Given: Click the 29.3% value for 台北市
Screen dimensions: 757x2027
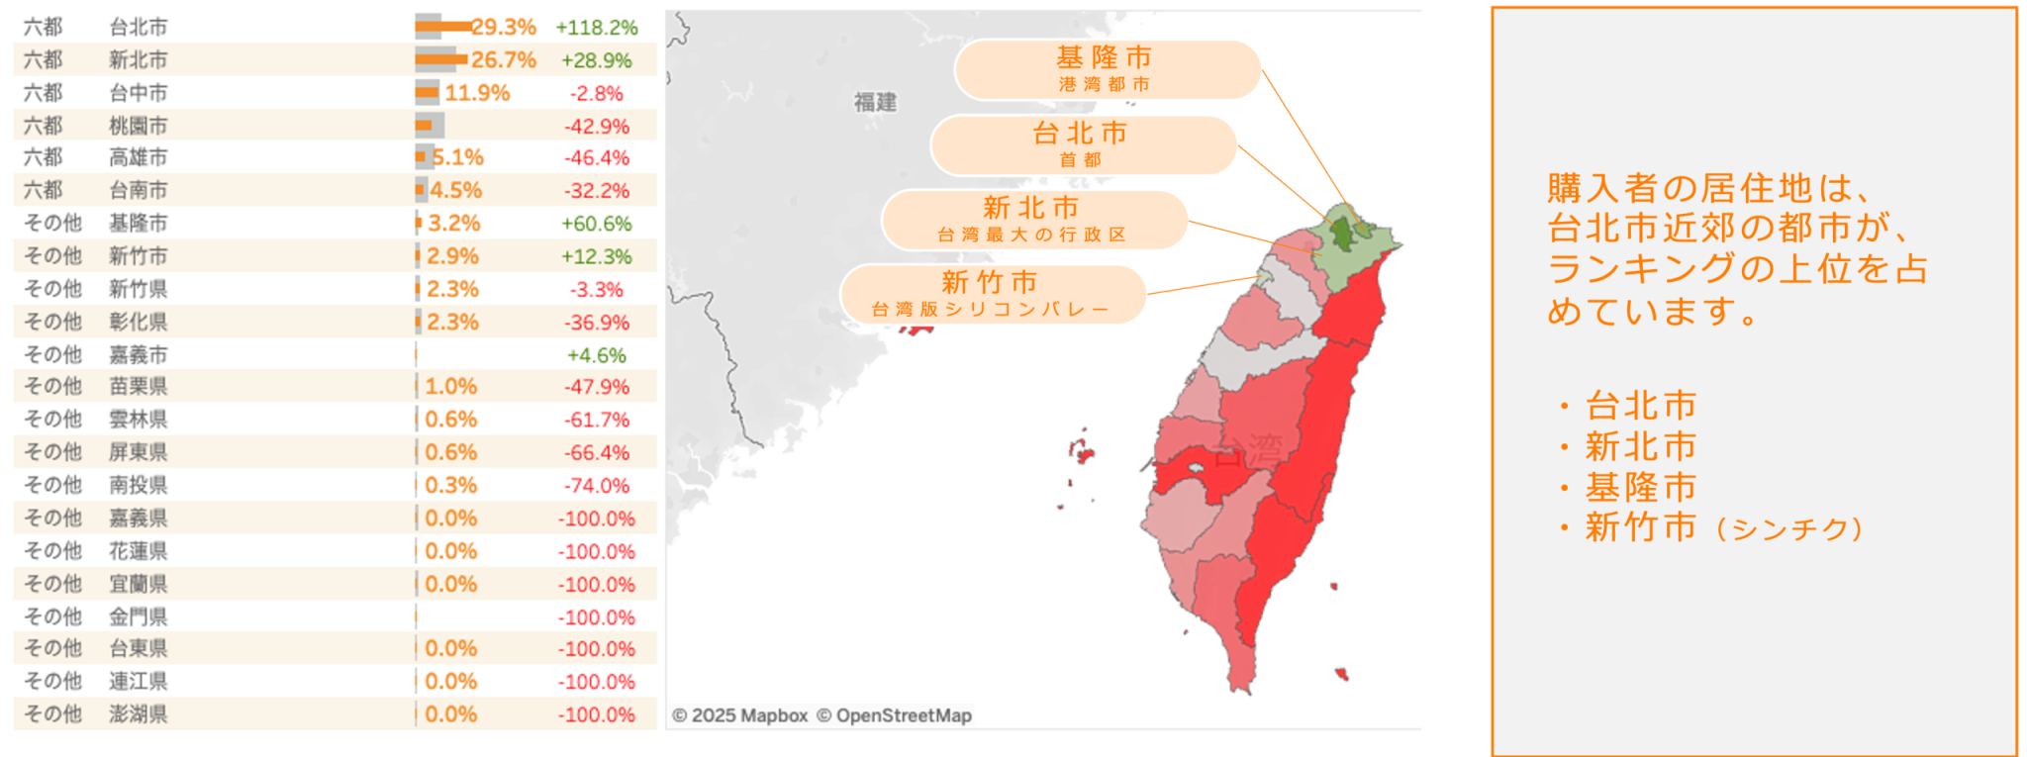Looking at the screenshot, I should pyautogui.click(x=504, y=27).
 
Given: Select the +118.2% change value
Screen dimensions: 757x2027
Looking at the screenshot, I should pyautogui.click(x=596, y=28).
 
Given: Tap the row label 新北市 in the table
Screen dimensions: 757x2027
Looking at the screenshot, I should pyautogui.click(x=138, y=60).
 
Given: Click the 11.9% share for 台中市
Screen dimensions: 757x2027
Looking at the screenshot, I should pyautogui.click(x=477, y=93).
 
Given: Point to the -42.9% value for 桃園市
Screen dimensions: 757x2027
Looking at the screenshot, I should pyautogui.click(x=596, y=127).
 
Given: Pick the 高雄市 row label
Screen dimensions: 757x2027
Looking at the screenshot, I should pyautogui.click(x=138, y=157).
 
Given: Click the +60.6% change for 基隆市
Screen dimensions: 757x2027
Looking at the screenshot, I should pyautogui.click(x=596, y=224).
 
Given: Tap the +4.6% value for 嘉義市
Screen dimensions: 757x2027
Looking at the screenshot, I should pyautogui.click(x=596, y=355).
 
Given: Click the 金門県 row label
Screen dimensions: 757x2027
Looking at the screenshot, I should pyautogui.click(x=138, y=616).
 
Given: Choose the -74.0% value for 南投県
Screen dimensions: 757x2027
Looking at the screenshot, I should pyautogui.click(x=596, y=486).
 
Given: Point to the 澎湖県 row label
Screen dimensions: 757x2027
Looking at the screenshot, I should pyautogui.click(x=138, y=713).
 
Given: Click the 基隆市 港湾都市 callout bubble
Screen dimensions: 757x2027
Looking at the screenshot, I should pyautogui.click(x=1106, y=69).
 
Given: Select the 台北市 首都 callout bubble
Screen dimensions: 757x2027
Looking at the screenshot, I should pyautogui.click(x=1082, y=144).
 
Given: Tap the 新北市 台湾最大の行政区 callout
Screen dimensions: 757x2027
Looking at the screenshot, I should pyautogui.click(x=1032, y=220).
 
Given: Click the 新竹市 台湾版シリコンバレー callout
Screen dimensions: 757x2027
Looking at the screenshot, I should pyautogui.click(x=991, y=294).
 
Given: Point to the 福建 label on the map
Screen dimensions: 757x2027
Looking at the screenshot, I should pyautogui.click(x=875, y=102).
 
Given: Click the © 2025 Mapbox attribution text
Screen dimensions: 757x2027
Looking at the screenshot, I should pyautogui.click(x=740, y=715).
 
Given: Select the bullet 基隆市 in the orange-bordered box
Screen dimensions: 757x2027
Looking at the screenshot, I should pyautogui.click(x=1641, y=488).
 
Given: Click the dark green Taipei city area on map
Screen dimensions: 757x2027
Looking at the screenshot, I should pyautogui.click(x=1342, y=234).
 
